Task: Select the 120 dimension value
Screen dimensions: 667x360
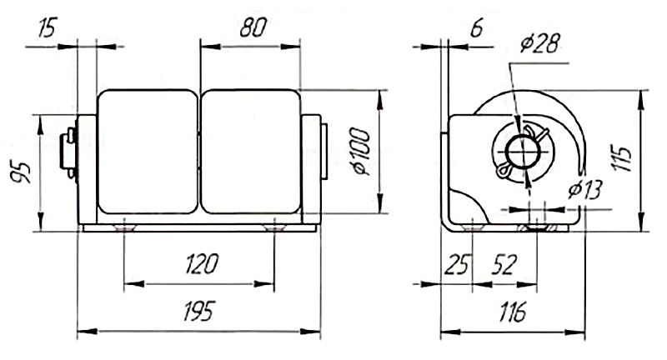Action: pos(202,264)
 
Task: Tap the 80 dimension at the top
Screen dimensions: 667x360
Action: pos(253,27)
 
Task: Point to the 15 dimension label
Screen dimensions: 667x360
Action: pos(48,28)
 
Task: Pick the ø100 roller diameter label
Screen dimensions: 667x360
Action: pos(360,152)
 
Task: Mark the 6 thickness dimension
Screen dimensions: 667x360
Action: pos(477,29)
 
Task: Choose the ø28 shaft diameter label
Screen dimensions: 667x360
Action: pos(539,43)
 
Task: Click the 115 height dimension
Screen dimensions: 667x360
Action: pos(621,158)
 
